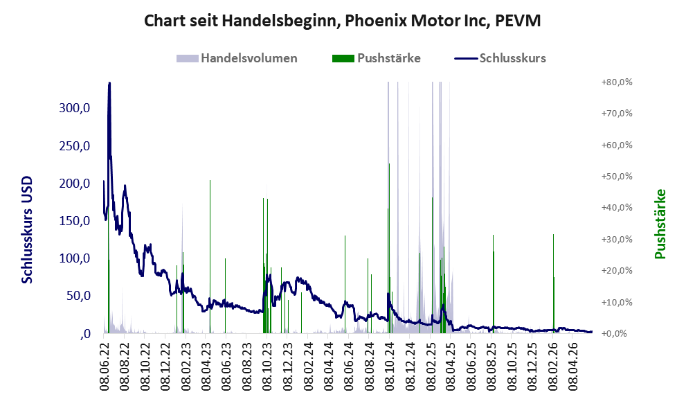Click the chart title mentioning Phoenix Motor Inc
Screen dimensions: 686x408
tap(343, 21)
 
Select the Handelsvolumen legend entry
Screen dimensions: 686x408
tap(237, 58)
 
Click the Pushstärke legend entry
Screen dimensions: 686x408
tap(377, 58)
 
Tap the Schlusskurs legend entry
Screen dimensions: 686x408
tap(500, 58)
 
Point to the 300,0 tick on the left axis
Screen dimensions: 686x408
tap(74, 107)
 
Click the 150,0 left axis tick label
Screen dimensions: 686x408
tap(74, 221)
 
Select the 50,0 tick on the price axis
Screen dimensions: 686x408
tap(78, 296)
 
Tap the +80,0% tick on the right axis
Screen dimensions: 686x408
tap(617, 82)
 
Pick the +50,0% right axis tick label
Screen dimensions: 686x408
tap(617, 177)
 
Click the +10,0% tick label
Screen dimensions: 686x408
tap(617, 302)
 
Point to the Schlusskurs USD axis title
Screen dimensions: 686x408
tap(27, 230)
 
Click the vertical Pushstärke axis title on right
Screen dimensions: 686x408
tap(660, 224)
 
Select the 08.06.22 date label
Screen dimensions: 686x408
tap(104, 367)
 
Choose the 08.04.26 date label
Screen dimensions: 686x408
tap(572, 367)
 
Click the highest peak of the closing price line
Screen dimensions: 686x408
tap(109, 82)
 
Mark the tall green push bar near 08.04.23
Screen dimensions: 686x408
tap(210, 256)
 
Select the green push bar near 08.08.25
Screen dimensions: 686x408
tap(493, 284)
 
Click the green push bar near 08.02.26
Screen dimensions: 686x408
tap(553, 284)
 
